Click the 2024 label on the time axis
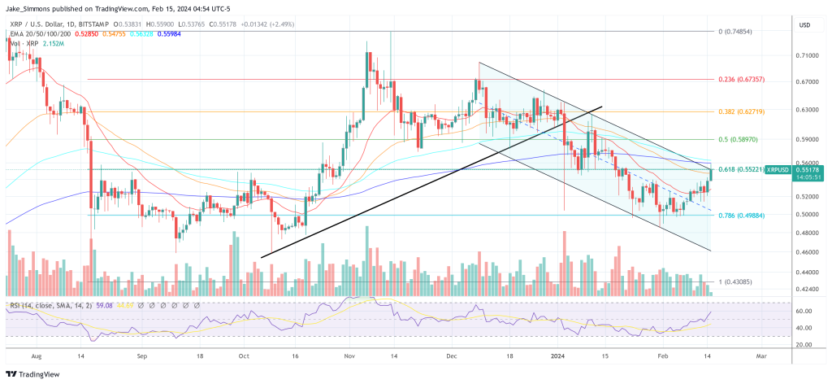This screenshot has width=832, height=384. [x=558, y=356]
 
